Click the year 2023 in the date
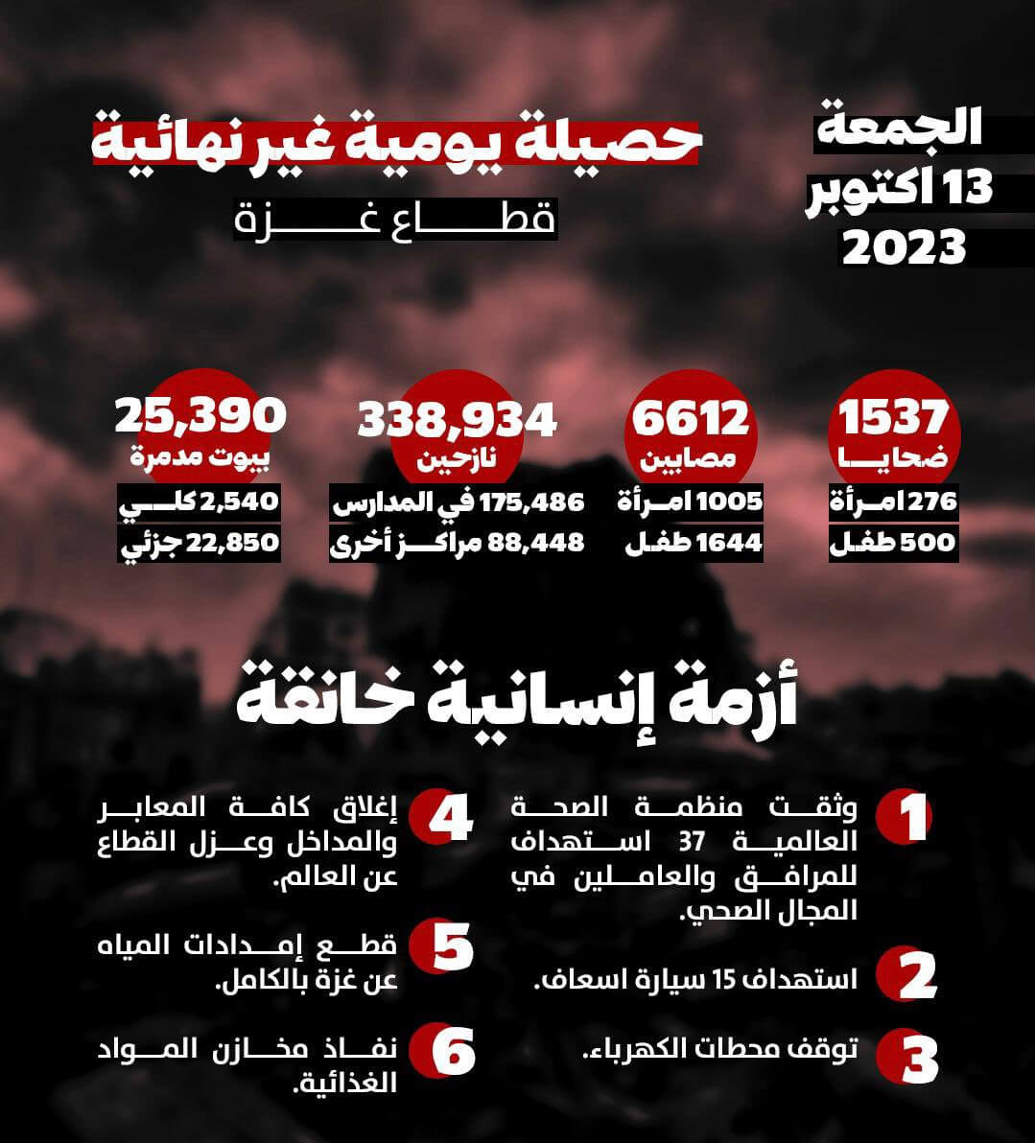(904, 247)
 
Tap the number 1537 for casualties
(894, 419)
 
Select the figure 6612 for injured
(691, 419)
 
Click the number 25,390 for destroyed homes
(200, 413)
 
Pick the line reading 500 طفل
(893, 543)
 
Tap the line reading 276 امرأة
(893, 502)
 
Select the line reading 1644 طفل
(694, 543)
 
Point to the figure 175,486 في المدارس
(458, 502)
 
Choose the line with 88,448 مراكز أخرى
(458, 543)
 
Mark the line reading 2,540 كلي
(199, 502)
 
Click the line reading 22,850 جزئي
(199, 543)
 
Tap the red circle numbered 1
(904, 817)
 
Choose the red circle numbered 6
(442, 1052)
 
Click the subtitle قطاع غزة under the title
(395, 220)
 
